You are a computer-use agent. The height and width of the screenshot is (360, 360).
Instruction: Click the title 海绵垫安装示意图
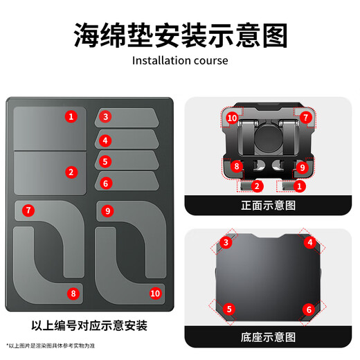click(x=180, y=34)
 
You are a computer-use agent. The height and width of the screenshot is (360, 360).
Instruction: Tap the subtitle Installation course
click(x=180, y=60)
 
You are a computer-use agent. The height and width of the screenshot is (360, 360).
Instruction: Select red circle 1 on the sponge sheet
click(x=71, y=116)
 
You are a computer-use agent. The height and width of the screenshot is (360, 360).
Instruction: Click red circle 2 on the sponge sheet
click(x=71, y=171)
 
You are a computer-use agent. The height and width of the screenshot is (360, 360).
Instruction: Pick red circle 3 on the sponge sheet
click(x=105, y=116)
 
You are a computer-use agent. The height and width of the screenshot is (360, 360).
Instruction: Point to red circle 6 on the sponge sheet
click(x=105, y=183)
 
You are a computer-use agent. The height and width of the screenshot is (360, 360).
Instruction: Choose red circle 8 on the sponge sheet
click(x=73, y=293)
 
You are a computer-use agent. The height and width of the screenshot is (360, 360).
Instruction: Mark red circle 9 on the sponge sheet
click(x=109, y=210)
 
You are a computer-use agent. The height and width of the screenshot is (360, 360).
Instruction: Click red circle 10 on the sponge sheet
click(x=154, y=293)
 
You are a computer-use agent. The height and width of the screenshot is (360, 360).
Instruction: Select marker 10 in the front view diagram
click(x=232, y=118)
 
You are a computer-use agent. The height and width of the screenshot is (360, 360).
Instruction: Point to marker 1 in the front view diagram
click(x=300, y=186)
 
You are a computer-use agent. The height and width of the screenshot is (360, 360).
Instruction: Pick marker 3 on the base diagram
click(x=226, y=242)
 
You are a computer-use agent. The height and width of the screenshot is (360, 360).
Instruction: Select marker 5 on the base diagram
click(x=229, y=309)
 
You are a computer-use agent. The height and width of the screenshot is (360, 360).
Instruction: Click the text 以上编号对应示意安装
click(x=89, y=325)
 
